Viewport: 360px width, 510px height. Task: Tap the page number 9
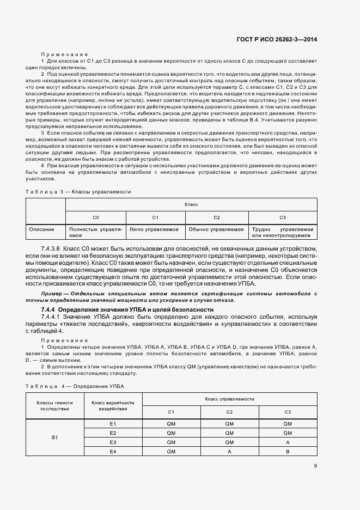315,465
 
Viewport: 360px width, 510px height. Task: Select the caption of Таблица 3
78,191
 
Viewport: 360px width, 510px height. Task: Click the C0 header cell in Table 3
95,217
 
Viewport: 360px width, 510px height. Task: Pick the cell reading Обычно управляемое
216,229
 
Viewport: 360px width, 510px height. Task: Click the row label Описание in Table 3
41,229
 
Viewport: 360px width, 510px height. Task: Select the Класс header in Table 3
191,204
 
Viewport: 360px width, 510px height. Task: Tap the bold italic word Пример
53,294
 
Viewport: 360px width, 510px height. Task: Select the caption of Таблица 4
75,386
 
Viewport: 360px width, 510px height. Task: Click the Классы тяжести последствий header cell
54,405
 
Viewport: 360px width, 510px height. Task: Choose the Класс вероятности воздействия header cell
113,405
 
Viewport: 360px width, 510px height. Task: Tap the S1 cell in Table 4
54,438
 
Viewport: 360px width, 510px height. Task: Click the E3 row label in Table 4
113,442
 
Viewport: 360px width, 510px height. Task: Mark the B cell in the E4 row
288,452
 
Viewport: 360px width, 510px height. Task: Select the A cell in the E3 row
288,442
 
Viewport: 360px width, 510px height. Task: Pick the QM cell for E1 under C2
229,423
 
